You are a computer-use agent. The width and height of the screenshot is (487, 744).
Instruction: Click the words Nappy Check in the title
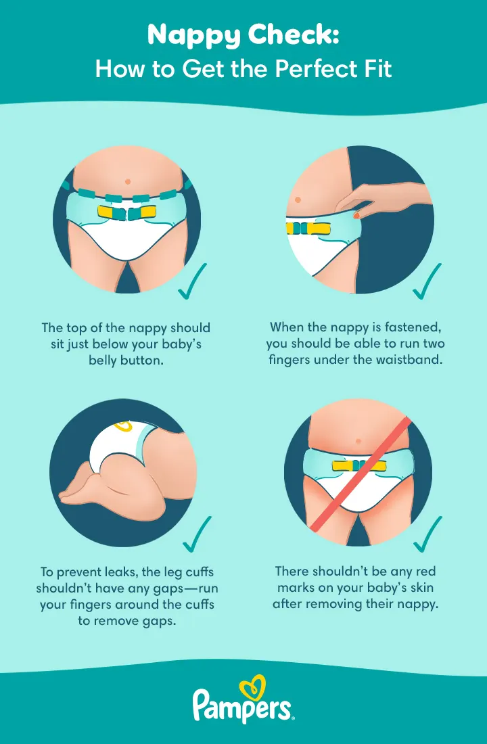click(x=243, y=37)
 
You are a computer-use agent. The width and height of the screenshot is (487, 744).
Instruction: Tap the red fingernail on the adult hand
click(x=355, y=215)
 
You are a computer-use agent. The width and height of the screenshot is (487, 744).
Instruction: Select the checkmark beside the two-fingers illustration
click(x=428, y=285)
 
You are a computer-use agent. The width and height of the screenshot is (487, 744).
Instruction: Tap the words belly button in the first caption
click(x=126, y=359)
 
